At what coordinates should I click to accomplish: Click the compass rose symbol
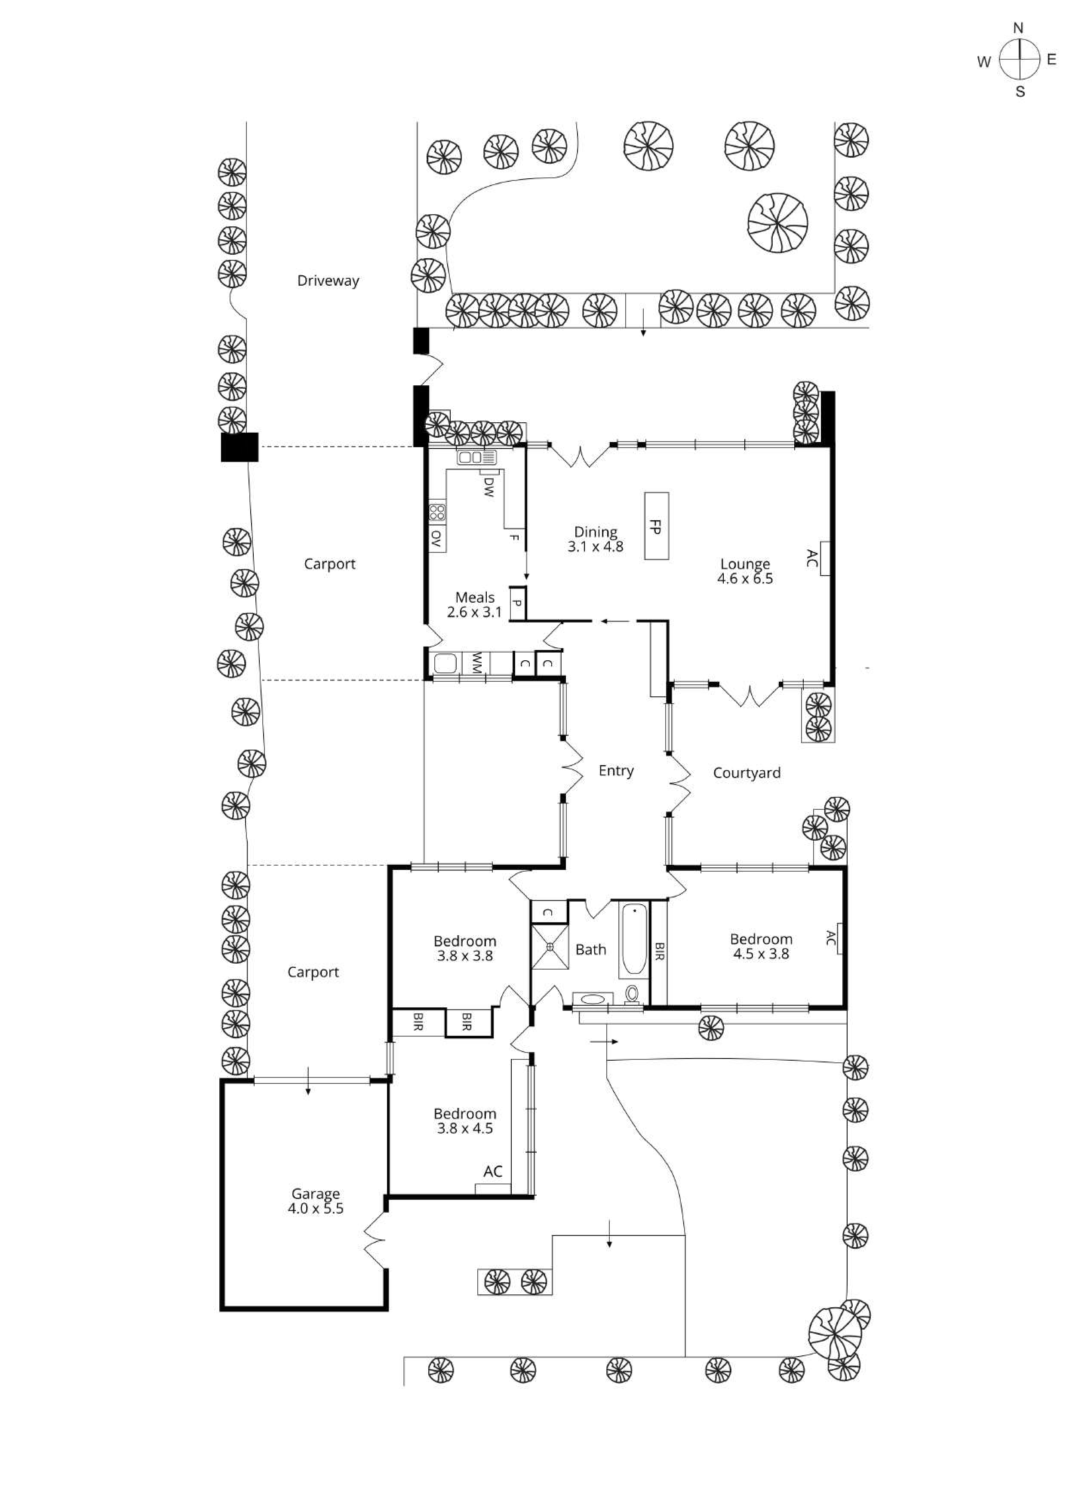tap(1020, 60)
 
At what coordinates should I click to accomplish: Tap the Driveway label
tap(328, 281)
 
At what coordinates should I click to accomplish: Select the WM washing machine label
tap(476, 663)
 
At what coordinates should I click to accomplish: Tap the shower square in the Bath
tap(550, 946)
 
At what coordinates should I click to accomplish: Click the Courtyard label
tap(747, 773)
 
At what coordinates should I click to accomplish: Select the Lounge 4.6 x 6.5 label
tap(745, 571)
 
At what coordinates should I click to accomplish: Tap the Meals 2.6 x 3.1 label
tap(474, 604)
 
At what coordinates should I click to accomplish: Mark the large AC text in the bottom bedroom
tap(493, 1171)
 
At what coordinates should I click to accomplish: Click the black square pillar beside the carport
tap(239, 447)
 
